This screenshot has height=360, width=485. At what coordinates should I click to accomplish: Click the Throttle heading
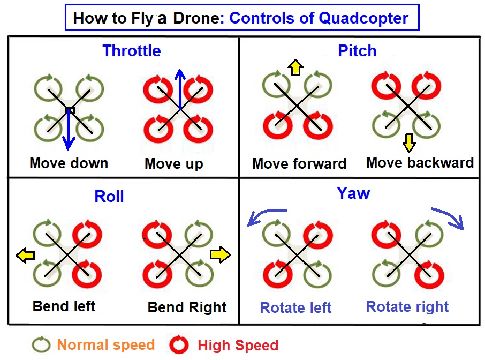[132, 51]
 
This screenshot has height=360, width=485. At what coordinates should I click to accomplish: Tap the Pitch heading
[357, 51]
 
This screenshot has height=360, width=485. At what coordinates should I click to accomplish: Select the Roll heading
[109, 196]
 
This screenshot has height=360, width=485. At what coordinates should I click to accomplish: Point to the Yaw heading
[353, 193]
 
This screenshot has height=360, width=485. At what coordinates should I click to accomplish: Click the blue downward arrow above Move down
[68, 129]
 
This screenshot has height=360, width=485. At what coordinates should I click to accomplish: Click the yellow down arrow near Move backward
[409, 142]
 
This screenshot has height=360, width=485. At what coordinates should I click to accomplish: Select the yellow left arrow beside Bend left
[23, 256]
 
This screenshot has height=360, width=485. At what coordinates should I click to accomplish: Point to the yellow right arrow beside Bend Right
[220, 255]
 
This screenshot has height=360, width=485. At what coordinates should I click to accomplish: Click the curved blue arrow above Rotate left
[266, 216]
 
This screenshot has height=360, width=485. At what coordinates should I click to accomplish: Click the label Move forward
[299, 163]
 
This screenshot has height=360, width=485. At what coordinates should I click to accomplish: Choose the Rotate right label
[407, 307]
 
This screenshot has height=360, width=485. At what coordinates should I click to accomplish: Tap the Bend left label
[64, 306]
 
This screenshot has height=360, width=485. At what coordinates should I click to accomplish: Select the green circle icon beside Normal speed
[41, 344]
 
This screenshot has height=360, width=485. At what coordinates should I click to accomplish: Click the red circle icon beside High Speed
[179, 344]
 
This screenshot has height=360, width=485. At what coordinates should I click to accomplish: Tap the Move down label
[69, 163]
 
